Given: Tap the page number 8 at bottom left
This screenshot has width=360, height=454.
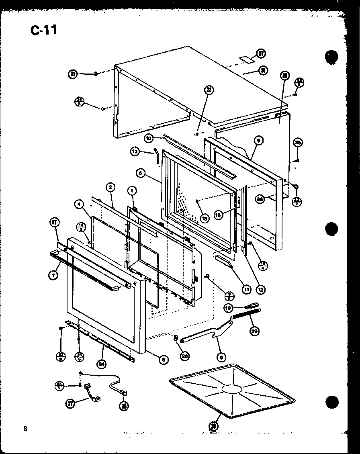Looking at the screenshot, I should (x=25, y=428).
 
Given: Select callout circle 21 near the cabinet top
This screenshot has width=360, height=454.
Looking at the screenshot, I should (x=73, y=74).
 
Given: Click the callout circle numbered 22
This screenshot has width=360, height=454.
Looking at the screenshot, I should (x=209, y=90).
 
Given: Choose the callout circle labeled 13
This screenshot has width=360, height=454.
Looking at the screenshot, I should (x=135, y=151).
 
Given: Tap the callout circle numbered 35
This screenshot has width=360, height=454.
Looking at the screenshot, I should (x=298, y=142).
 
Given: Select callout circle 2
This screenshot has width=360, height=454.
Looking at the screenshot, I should (x=110, y=187).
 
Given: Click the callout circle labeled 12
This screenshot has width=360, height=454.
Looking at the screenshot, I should (x=262, y=289).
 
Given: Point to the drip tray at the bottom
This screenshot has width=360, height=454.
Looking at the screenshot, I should (x=231, y=389).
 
